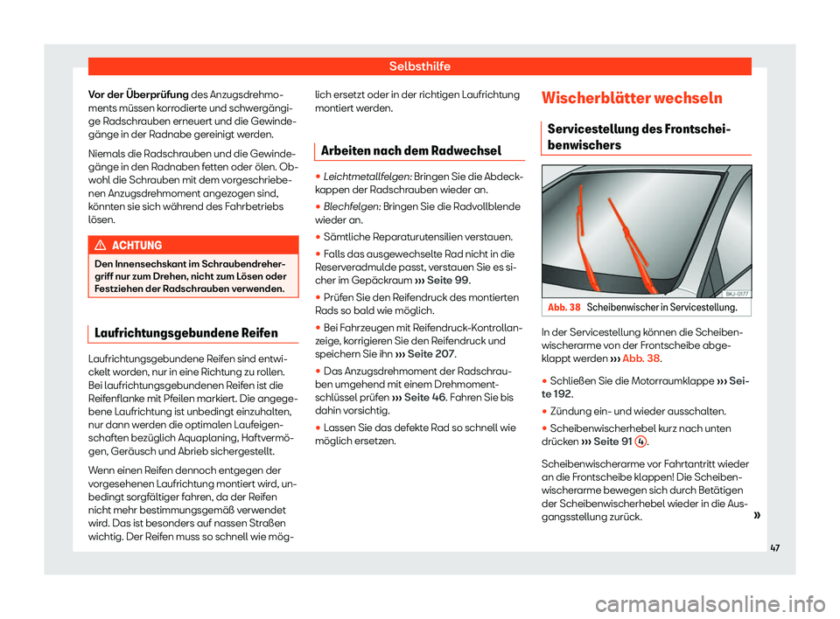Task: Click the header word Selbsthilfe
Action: [x=420, y=66]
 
